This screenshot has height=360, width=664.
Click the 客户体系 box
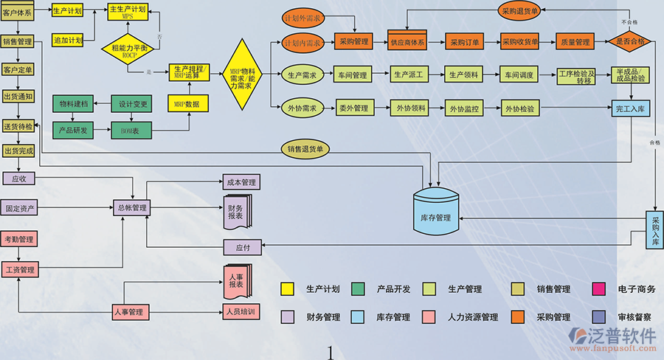click(17, 13)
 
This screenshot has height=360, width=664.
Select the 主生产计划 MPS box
click(127, 12)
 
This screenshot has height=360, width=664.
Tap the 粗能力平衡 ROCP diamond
click(128, 50)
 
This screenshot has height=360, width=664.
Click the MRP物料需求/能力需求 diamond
click(242, 75)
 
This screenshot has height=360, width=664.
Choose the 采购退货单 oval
click(519, 11)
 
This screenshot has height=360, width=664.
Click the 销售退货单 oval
click(306, 149)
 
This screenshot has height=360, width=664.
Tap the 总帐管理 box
click(131, 208)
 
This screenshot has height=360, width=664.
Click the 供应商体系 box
click(408, 42)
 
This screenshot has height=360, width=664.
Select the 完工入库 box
click(630, 108)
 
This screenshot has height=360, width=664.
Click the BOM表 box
click(130, 131)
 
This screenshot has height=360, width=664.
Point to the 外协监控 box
click(463, 108)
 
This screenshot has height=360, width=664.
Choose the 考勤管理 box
click(18, 240)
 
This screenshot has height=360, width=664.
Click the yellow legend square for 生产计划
click(288, 289)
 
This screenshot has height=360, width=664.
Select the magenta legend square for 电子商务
click(598, 289)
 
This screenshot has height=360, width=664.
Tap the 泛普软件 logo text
click(623, 336)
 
